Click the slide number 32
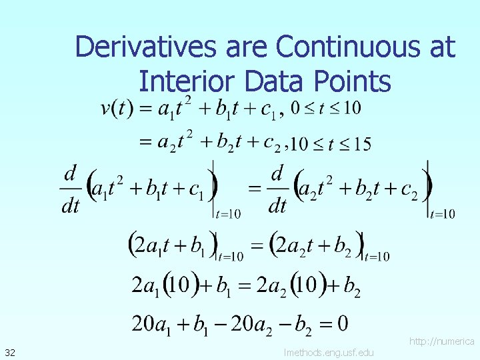click(x=11, y=351)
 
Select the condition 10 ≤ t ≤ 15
click(x=332, y=143)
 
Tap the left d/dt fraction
click(x=70, y=189)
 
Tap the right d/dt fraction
click(x=277, y=189)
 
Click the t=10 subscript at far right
click(x=443, y=214)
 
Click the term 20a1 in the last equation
click(x=151, y=325)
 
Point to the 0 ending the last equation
click(x=341, y=324)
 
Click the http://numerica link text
click(x=441, y=341)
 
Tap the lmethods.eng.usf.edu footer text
click(x=328, y=352)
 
